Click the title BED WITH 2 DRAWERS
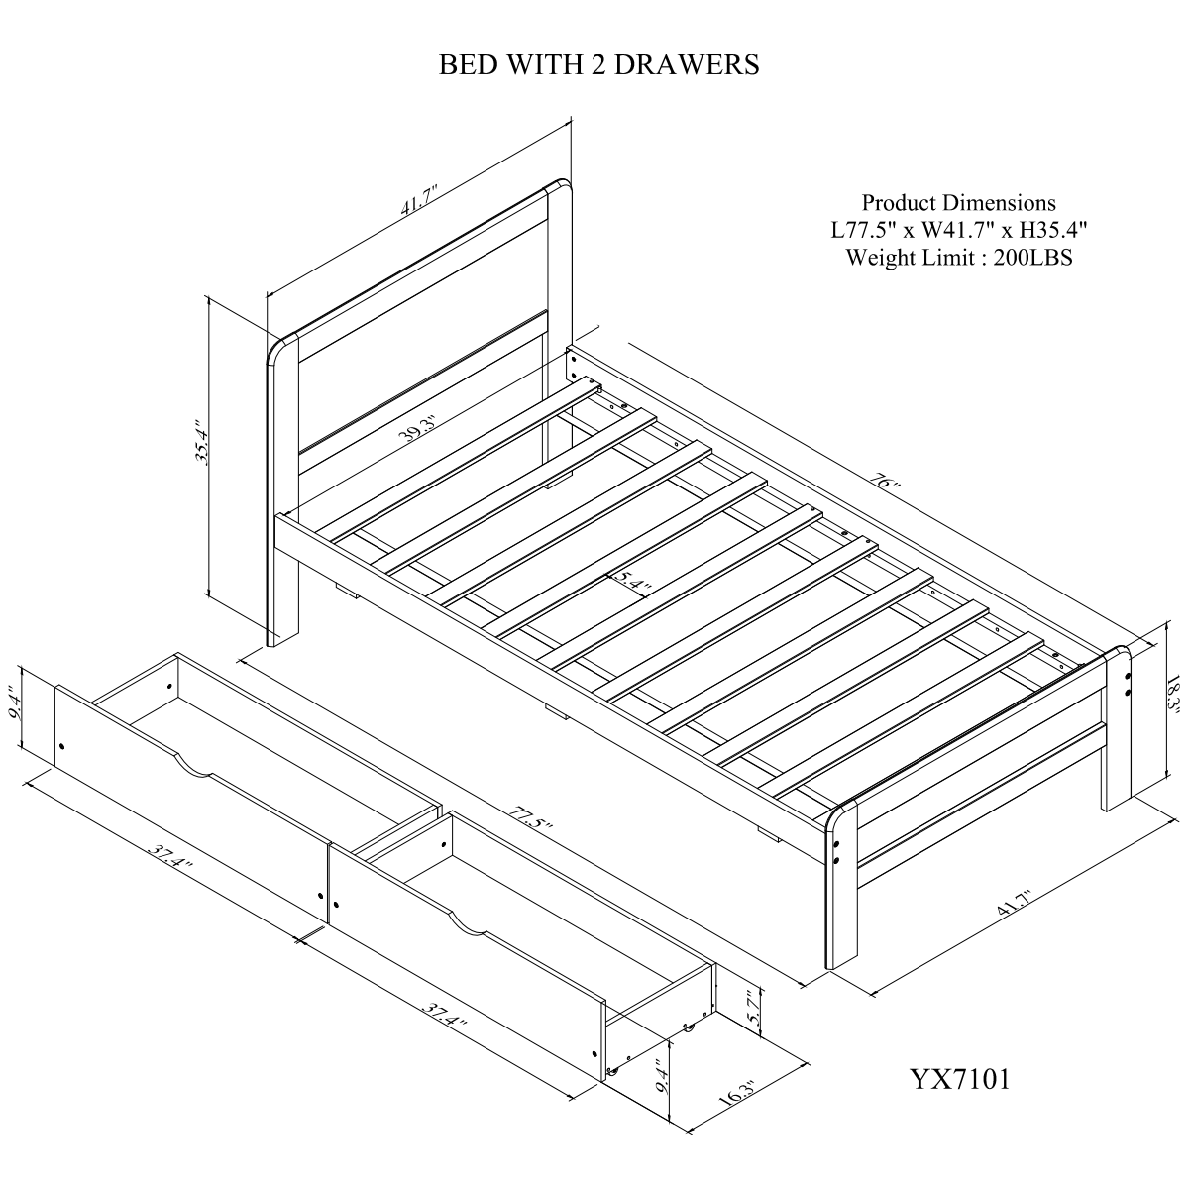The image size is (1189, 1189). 597,64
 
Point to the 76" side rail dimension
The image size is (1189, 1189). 887,480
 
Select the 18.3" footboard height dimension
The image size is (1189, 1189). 1174,694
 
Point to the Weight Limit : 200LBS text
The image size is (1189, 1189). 959,258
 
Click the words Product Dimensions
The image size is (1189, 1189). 959,203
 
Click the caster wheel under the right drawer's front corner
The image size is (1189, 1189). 612,1089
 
